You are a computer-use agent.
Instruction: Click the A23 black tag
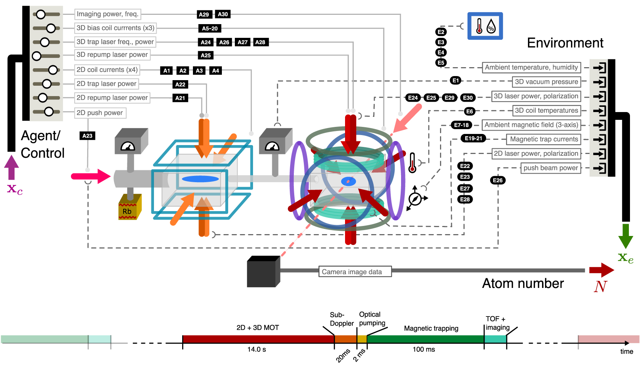click(x=87, y=136)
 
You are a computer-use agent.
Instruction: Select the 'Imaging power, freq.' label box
click(x=107, y=14)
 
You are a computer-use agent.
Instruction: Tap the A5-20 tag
click(x=210, y=28)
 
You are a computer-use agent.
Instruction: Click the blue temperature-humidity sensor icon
click(x=485, y=26)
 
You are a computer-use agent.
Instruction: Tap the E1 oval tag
click(x=456, y=80)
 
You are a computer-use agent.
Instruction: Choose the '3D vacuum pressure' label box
click(x=546, y=82)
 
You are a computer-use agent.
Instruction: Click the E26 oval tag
click(x=498, y=180)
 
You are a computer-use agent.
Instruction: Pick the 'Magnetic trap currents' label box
click(x=544, y=139)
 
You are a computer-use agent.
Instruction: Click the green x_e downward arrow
click(x=626, y=236)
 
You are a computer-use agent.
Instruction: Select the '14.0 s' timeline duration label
click(x=256, y=350)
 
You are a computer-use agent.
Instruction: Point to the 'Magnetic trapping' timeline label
click(x=431, y=328)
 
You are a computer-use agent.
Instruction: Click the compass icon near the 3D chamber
click(x=415, y=199)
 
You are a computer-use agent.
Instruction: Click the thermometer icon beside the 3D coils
click(x=412, y=163)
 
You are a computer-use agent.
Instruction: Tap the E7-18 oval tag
click(x=462, y=125)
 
